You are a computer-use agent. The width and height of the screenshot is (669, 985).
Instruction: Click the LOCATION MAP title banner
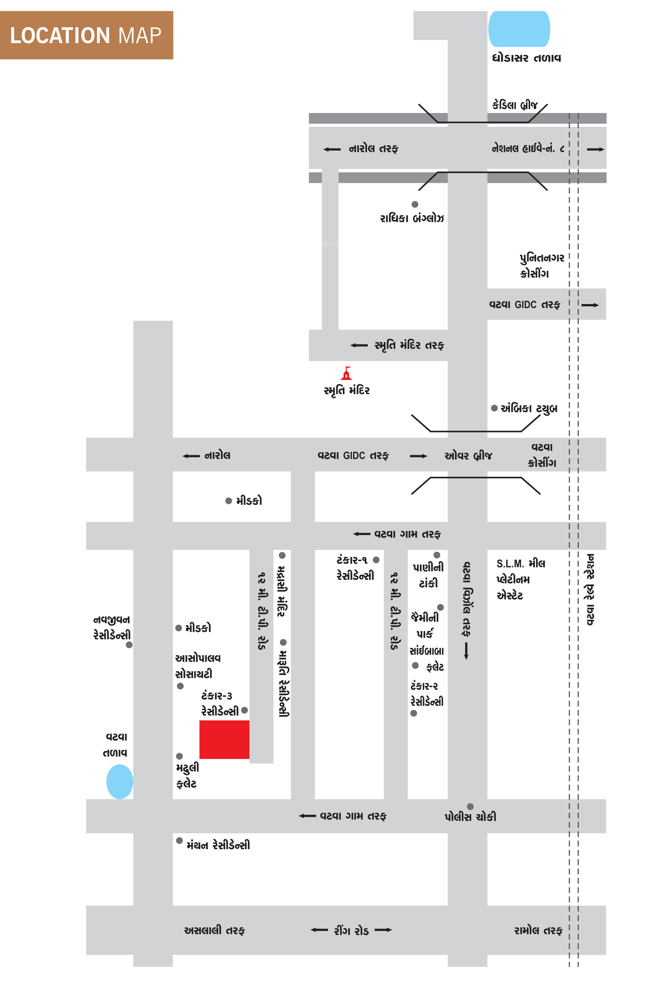coord(87,35)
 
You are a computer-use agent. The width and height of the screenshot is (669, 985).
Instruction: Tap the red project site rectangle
coord(224,739)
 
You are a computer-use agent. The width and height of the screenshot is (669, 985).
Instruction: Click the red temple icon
coord(347,373)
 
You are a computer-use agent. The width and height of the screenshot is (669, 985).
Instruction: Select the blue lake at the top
coord(519,29)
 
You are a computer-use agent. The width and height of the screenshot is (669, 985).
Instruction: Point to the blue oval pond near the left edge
coord(119,782)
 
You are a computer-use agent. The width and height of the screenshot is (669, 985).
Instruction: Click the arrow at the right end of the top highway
coord(595,149)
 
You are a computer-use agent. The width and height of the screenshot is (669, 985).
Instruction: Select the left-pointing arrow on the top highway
coord(332,149)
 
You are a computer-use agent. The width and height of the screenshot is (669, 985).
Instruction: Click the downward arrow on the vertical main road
coord(466,651)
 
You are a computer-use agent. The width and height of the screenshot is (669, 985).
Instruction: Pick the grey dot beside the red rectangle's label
coord(244,710)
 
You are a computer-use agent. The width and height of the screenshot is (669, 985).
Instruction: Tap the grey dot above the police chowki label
coord(470,807)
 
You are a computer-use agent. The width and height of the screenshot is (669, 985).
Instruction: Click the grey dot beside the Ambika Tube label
coord(494,408)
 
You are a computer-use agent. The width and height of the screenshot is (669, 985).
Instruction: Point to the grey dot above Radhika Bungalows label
coord(415,204)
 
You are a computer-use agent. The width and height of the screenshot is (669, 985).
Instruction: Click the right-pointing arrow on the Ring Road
coord(383,930)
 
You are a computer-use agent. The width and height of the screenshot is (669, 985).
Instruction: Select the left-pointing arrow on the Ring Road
coord(319,930)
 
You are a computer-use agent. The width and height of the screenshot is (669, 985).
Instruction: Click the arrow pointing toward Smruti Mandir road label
coord(359,345)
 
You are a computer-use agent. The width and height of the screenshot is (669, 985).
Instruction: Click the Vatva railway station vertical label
coord(590,589)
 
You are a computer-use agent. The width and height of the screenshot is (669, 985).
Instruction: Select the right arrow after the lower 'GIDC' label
coord(418,456)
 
